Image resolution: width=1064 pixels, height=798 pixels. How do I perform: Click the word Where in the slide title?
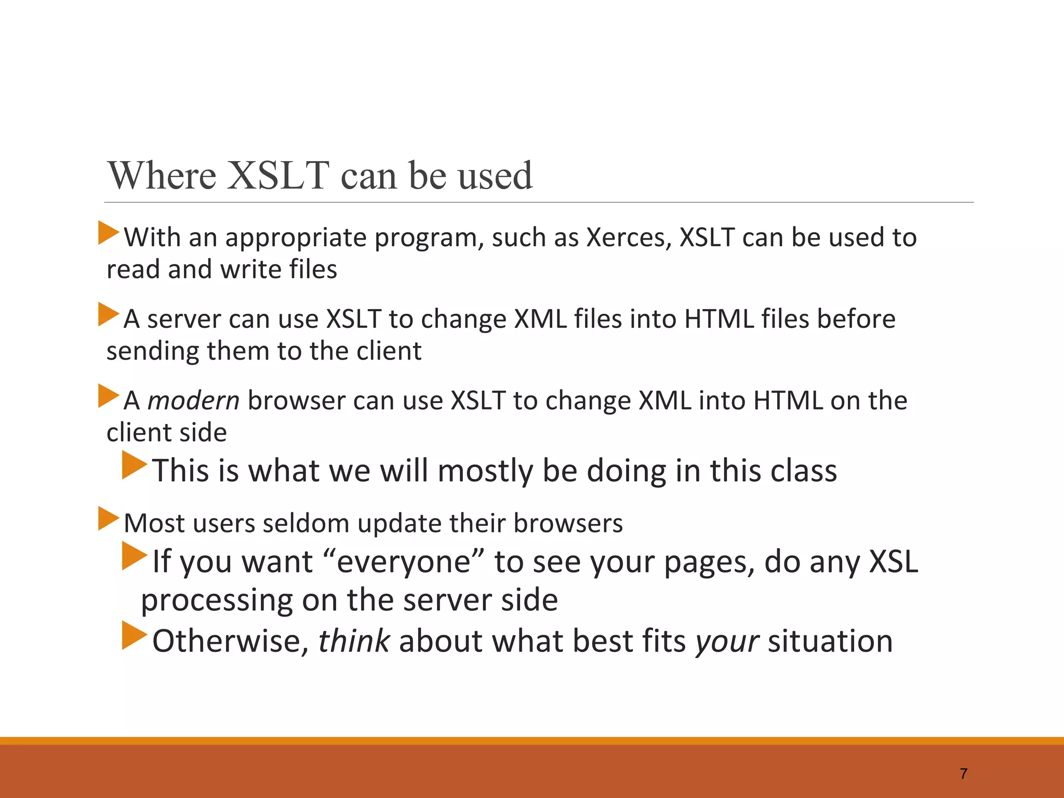coord(162,176)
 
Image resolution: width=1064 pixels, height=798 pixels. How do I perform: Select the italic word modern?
coord(193,401)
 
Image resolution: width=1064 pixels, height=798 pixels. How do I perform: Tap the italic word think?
coord(353,641)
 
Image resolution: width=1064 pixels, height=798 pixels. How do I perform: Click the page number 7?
coord(964,774)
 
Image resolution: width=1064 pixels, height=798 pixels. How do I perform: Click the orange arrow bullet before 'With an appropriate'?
coord(109,233)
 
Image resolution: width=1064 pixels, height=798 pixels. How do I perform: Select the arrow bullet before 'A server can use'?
coord(109,314)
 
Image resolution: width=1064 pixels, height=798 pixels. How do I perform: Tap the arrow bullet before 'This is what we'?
coord(134,465)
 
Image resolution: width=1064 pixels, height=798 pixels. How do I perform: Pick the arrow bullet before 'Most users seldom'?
coord(109,518)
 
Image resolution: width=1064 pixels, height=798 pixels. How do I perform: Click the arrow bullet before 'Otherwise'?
coord(134,635)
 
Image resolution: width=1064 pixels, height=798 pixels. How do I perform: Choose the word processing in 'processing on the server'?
coord(217,601)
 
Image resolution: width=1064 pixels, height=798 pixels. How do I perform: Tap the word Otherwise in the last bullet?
coord(227,641)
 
